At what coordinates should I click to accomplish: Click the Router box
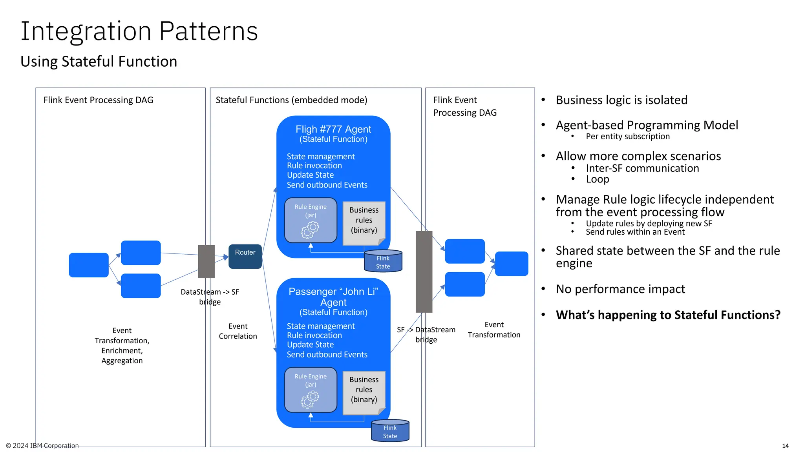[245, 256]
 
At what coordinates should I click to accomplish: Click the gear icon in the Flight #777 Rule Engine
[310, 230]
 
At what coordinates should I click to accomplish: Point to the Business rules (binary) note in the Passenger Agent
[364, 392]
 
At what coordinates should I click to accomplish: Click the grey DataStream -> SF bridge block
[206, 261]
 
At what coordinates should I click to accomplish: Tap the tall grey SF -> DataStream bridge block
[424, 272]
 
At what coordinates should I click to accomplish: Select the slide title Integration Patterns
[139, 31]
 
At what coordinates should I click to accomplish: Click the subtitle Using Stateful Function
[99, 62]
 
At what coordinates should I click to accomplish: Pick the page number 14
[785, 446]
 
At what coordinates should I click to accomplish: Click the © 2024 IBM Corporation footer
[42, 446]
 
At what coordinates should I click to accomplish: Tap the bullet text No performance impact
[620, 289]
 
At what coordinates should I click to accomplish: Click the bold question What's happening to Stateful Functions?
[668, 315]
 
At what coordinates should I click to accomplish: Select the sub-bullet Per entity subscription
[627, 137]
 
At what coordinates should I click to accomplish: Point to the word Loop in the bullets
[598, 179]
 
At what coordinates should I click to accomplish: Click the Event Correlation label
[238, 331]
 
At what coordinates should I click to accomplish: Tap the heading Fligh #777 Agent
[333, 129]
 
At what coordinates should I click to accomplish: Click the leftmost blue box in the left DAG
[89, 265]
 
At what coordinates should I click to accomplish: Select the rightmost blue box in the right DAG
[512, 264]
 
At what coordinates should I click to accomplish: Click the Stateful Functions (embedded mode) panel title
[291, 100]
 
